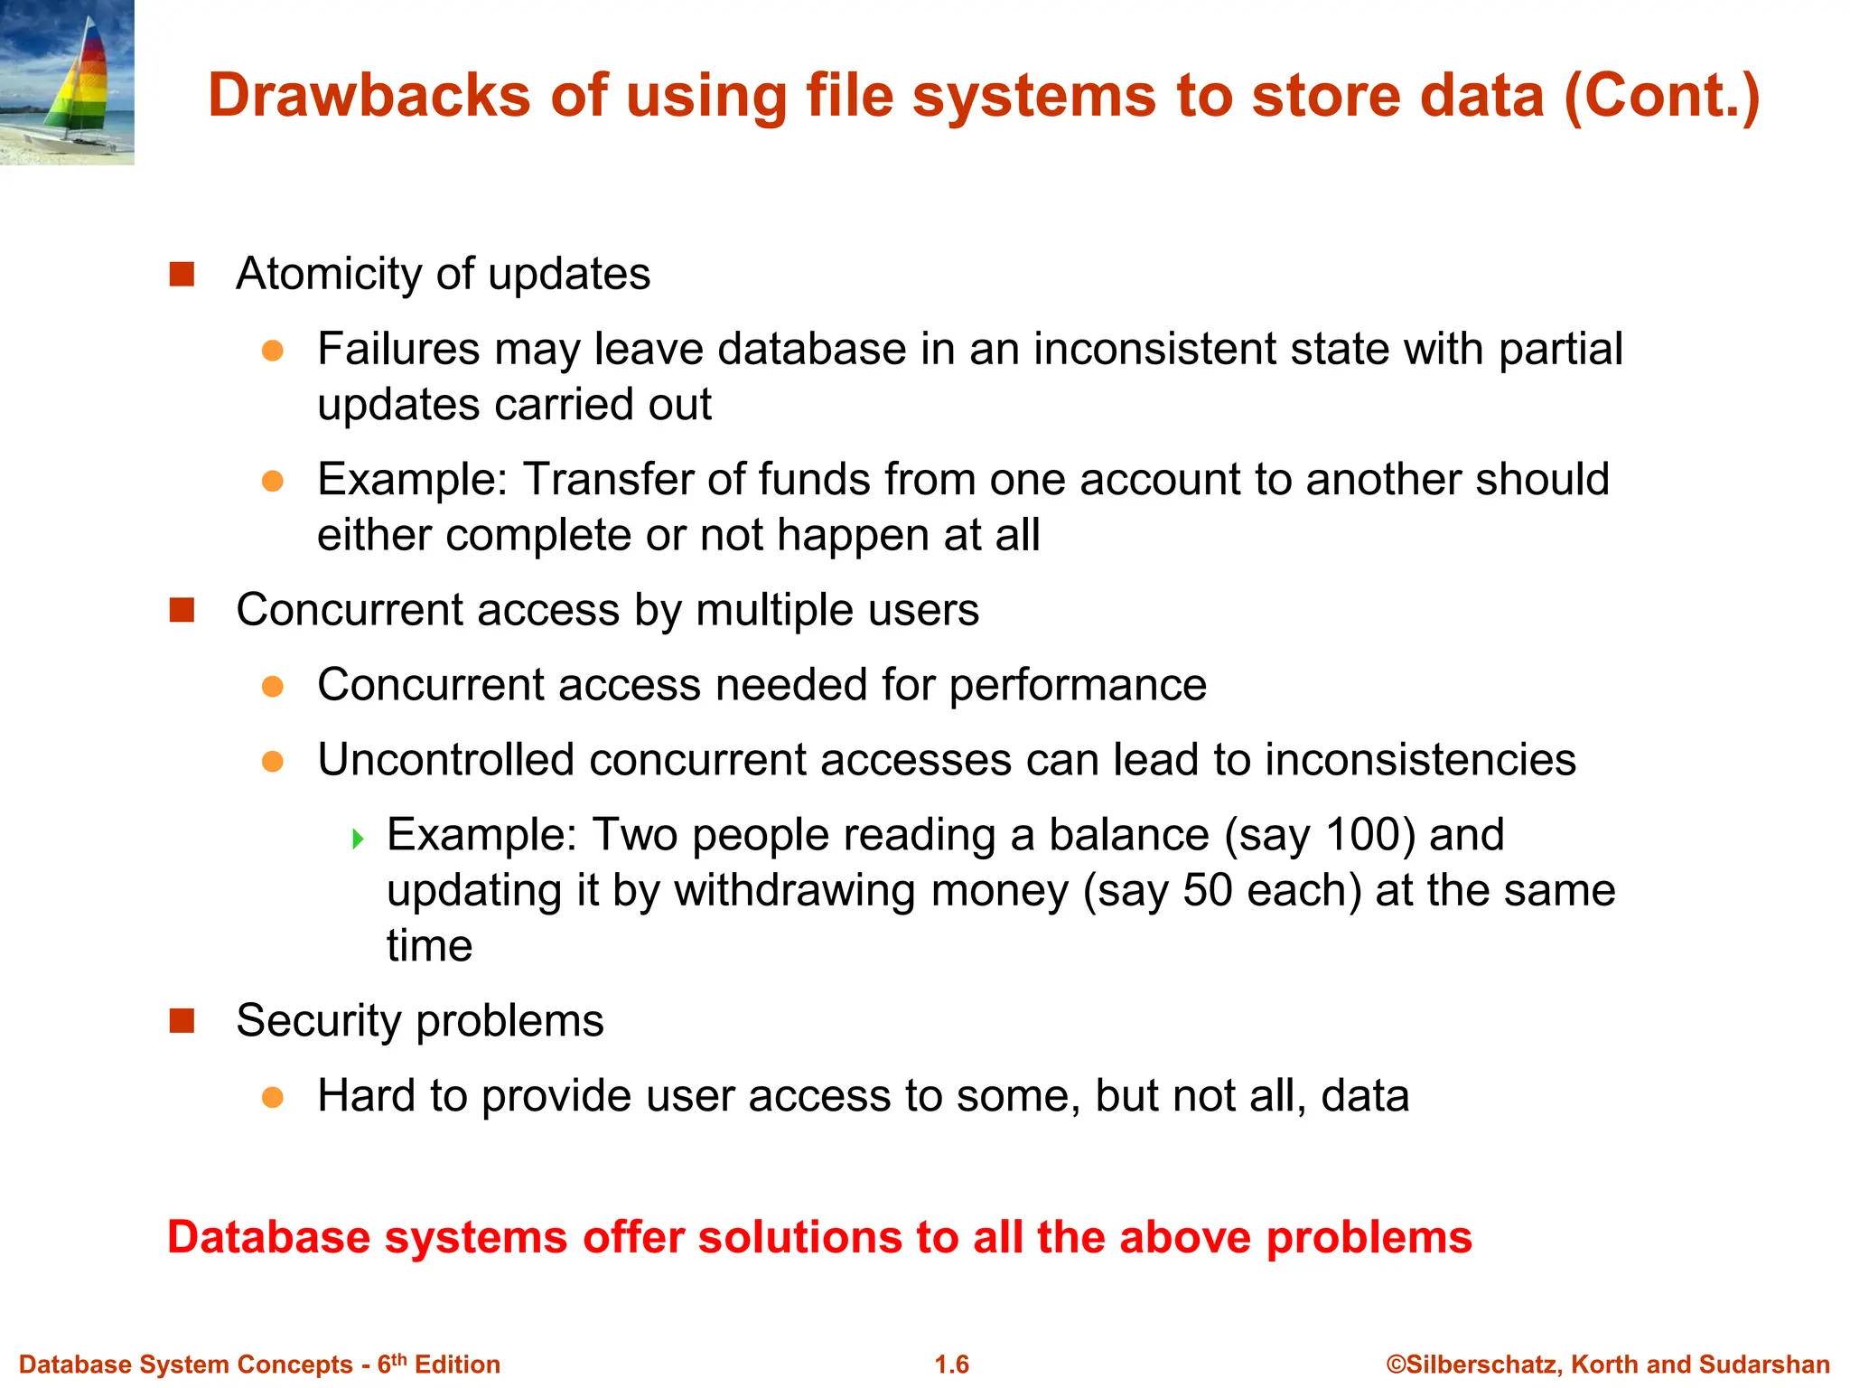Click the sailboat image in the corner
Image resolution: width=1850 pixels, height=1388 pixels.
[x=67, y=81]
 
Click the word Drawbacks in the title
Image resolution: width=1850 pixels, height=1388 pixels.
[x=370, y=96]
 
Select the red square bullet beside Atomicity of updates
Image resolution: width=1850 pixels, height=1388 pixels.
[x=182, y=274]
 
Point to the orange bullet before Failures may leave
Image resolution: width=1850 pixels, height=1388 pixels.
[x=273, y=351]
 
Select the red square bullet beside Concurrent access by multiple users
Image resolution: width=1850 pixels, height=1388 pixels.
[x=182, y=610]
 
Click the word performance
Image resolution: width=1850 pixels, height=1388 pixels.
[x=1078, y=685]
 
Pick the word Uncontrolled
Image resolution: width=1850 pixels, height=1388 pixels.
[x=446, y=760]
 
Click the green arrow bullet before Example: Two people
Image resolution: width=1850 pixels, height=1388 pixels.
[x=358, y=839]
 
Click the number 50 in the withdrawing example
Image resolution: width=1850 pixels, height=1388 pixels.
[x=1207, y=891]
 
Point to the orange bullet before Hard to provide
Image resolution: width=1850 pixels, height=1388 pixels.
[x=273, y=1097]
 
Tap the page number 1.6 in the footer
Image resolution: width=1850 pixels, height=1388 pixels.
[x=951, y=1365]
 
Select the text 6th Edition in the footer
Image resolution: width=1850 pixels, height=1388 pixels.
[x=438, y=1365]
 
